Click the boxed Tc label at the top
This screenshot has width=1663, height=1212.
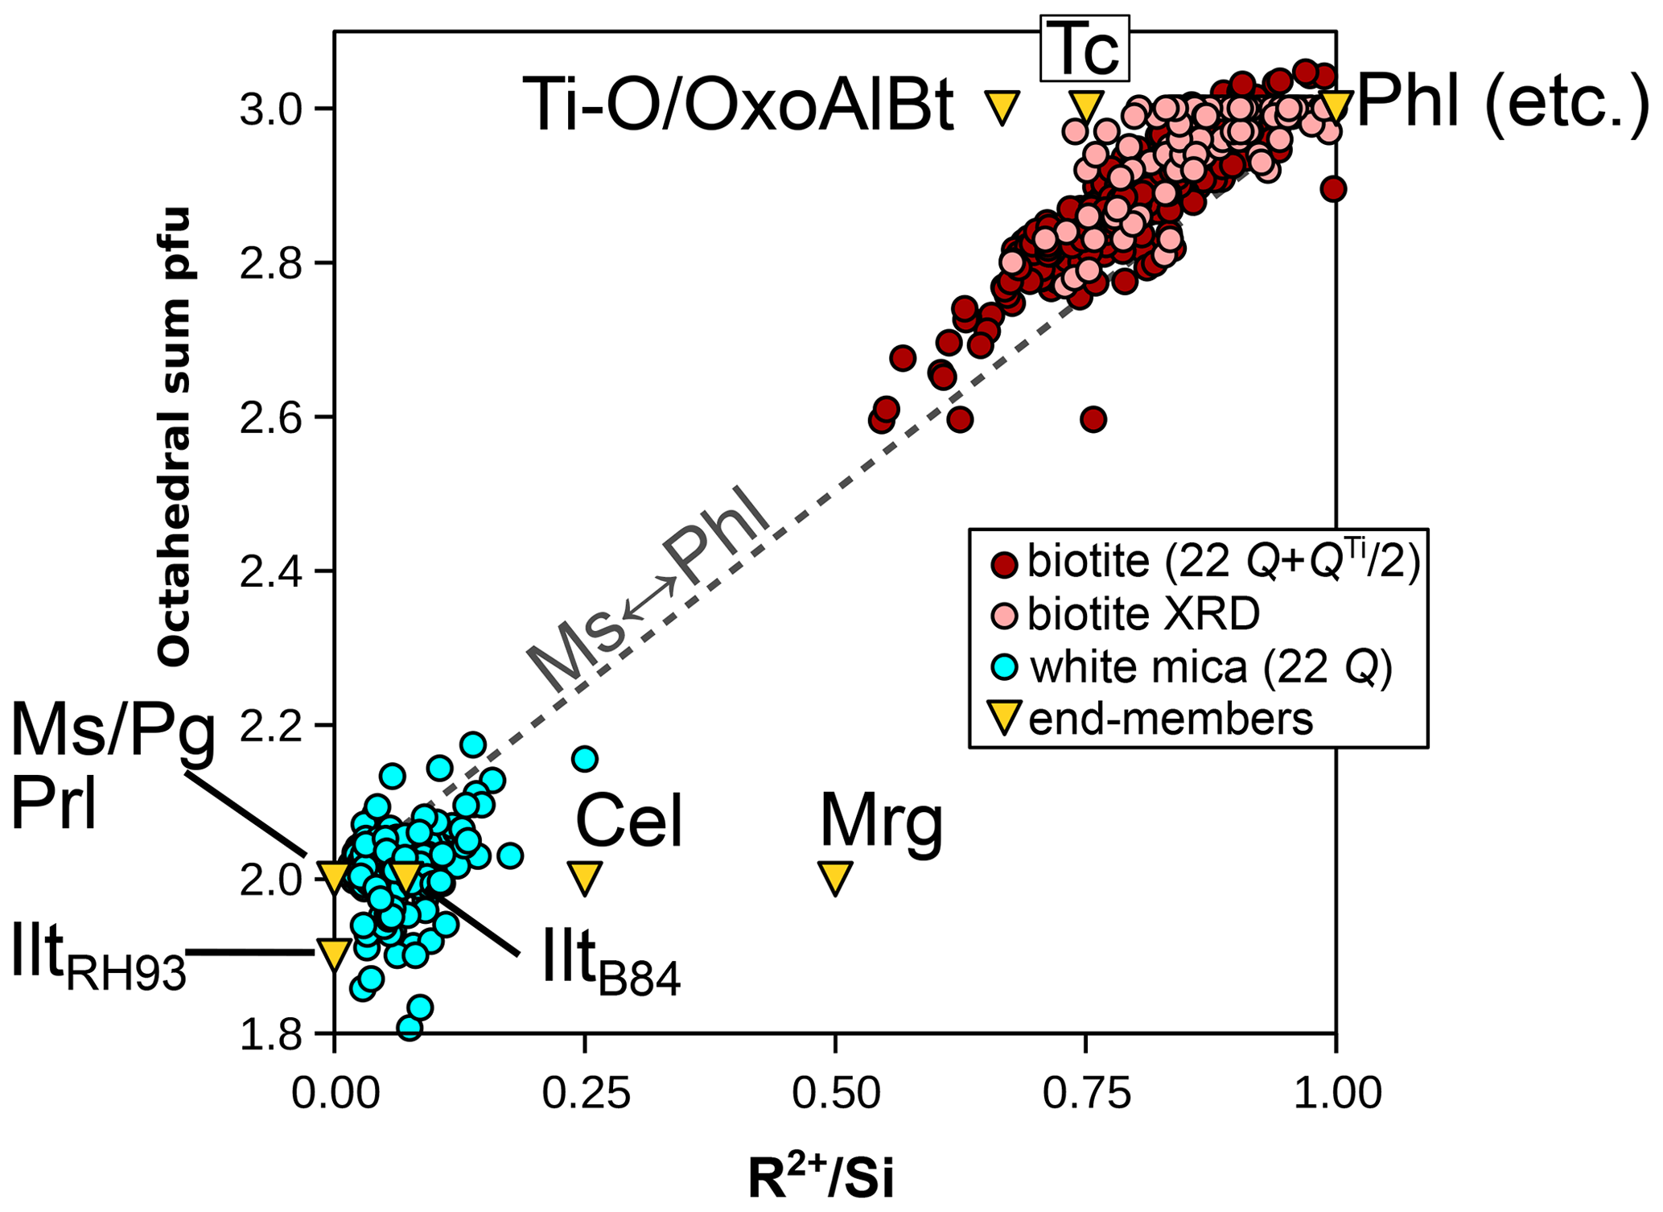pos(1085,48)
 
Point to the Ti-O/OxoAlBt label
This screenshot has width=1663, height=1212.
pos(738,105)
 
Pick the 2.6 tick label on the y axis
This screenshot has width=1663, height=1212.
pos(270,418)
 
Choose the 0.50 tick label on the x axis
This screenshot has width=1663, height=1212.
pos(835,1094)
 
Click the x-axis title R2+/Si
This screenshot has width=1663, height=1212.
pos(820,1179)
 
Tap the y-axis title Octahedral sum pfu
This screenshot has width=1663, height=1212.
pos(174,436)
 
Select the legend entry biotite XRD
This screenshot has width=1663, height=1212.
pos(1142,615)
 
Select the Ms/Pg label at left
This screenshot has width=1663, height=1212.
pos(113,735)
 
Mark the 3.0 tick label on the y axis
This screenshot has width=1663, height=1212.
pos(270,109)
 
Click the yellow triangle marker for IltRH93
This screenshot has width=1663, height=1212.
pos(334,954)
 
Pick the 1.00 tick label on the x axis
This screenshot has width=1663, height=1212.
pos(1336,1094)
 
